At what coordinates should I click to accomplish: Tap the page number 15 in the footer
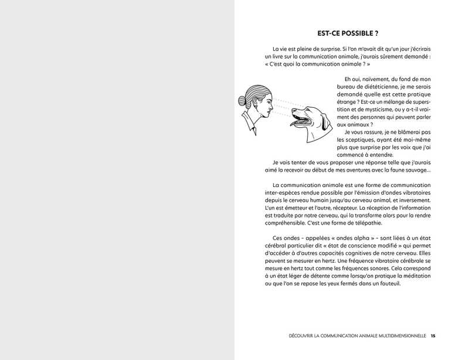pos(433,336)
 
